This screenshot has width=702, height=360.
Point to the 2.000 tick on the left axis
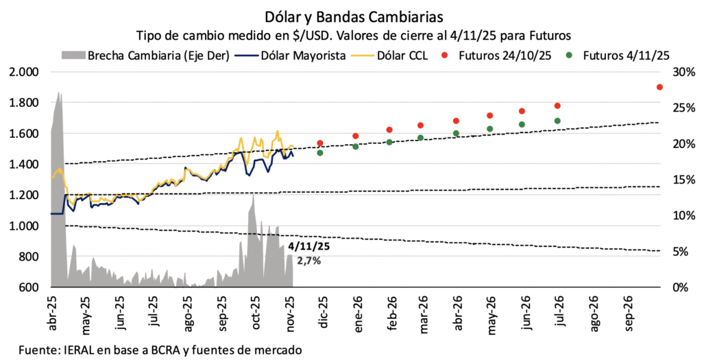pyautogui.click(x=25, y=72)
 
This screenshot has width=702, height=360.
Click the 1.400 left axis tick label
pyautogui.click(x=25, y=165)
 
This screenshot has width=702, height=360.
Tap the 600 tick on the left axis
pyautogui.click(x=31, y=287)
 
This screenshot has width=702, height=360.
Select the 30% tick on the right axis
pyautogui.click(x=684, y=72)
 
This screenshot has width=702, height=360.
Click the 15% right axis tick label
pyautogui.click(x=684, y=180)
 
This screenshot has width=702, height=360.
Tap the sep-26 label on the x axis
pyautogui.click(x=627, y=311)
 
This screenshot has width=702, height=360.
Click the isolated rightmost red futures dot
pyautogui.click(x=659, y=87)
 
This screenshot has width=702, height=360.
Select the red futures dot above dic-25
pyautogui.click(x=320, y=143)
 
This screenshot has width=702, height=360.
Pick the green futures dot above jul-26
pyautogui.click(x=557, y=121)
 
